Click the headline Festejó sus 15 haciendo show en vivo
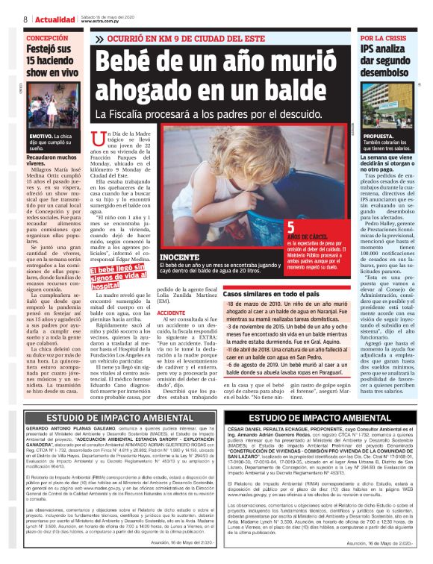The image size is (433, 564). point(50,61)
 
